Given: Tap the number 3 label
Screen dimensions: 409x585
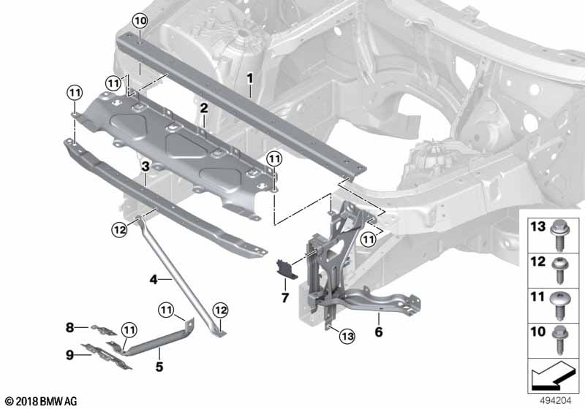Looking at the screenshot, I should coord(146,167).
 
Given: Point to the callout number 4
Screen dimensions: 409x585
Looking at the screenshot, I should coord(154,278).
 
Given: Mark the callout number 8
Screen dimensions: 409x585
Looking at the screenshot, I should coord(69,327).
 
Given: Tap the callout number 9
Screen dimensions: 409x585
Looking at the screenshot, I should coord(69,356).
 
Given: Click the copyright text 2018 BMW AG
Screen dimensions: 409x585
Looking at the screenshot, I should coord(41,401).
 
